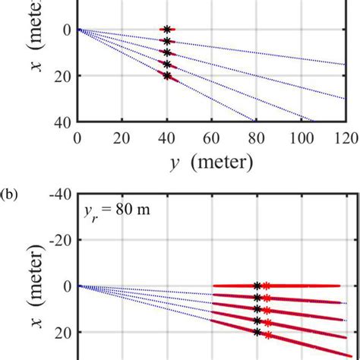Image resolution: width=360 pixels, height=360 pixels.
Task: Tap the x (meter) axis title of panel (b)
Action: point(36,300)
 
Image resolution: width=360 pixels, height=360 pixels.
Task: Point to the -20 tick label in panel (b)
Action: point(58,240)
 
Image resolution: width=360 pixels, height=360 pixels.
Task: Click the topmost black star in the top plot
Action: point(167,30)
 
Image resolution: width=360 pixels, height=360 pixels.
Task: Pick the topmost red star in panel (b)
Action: point(267,286)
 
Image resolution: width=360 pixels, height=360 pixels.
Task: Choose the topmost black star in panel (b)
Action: point(257,286)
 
